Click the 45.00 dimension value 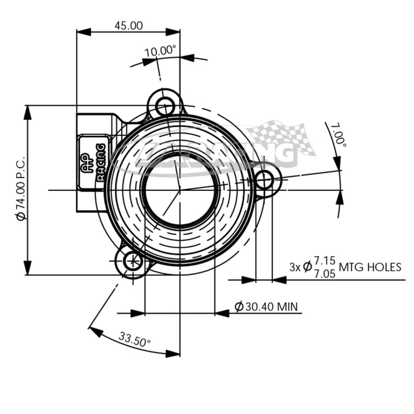(x=128, y=25)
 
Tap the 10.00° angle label (x=160, y=51)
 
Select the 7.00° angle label (x=339, y=135)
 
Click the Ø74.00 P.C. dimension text (x=20, y=189)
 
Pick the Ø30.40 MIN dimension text (x=266, y=307)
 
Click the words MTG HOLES (x=370, y=267)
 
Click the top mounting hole (x=164, y=105)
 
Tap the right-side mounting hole (x=265, y=180)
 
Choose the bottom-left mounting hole (x=132, y=262)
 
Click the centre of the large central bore (x=180, y=190)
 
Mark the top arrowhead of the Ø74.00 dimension (x=26, y=111)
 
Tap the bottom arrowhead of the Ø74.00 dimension (x=26, y=270)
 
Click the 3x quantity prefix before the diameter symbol (x=294, y=267)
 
